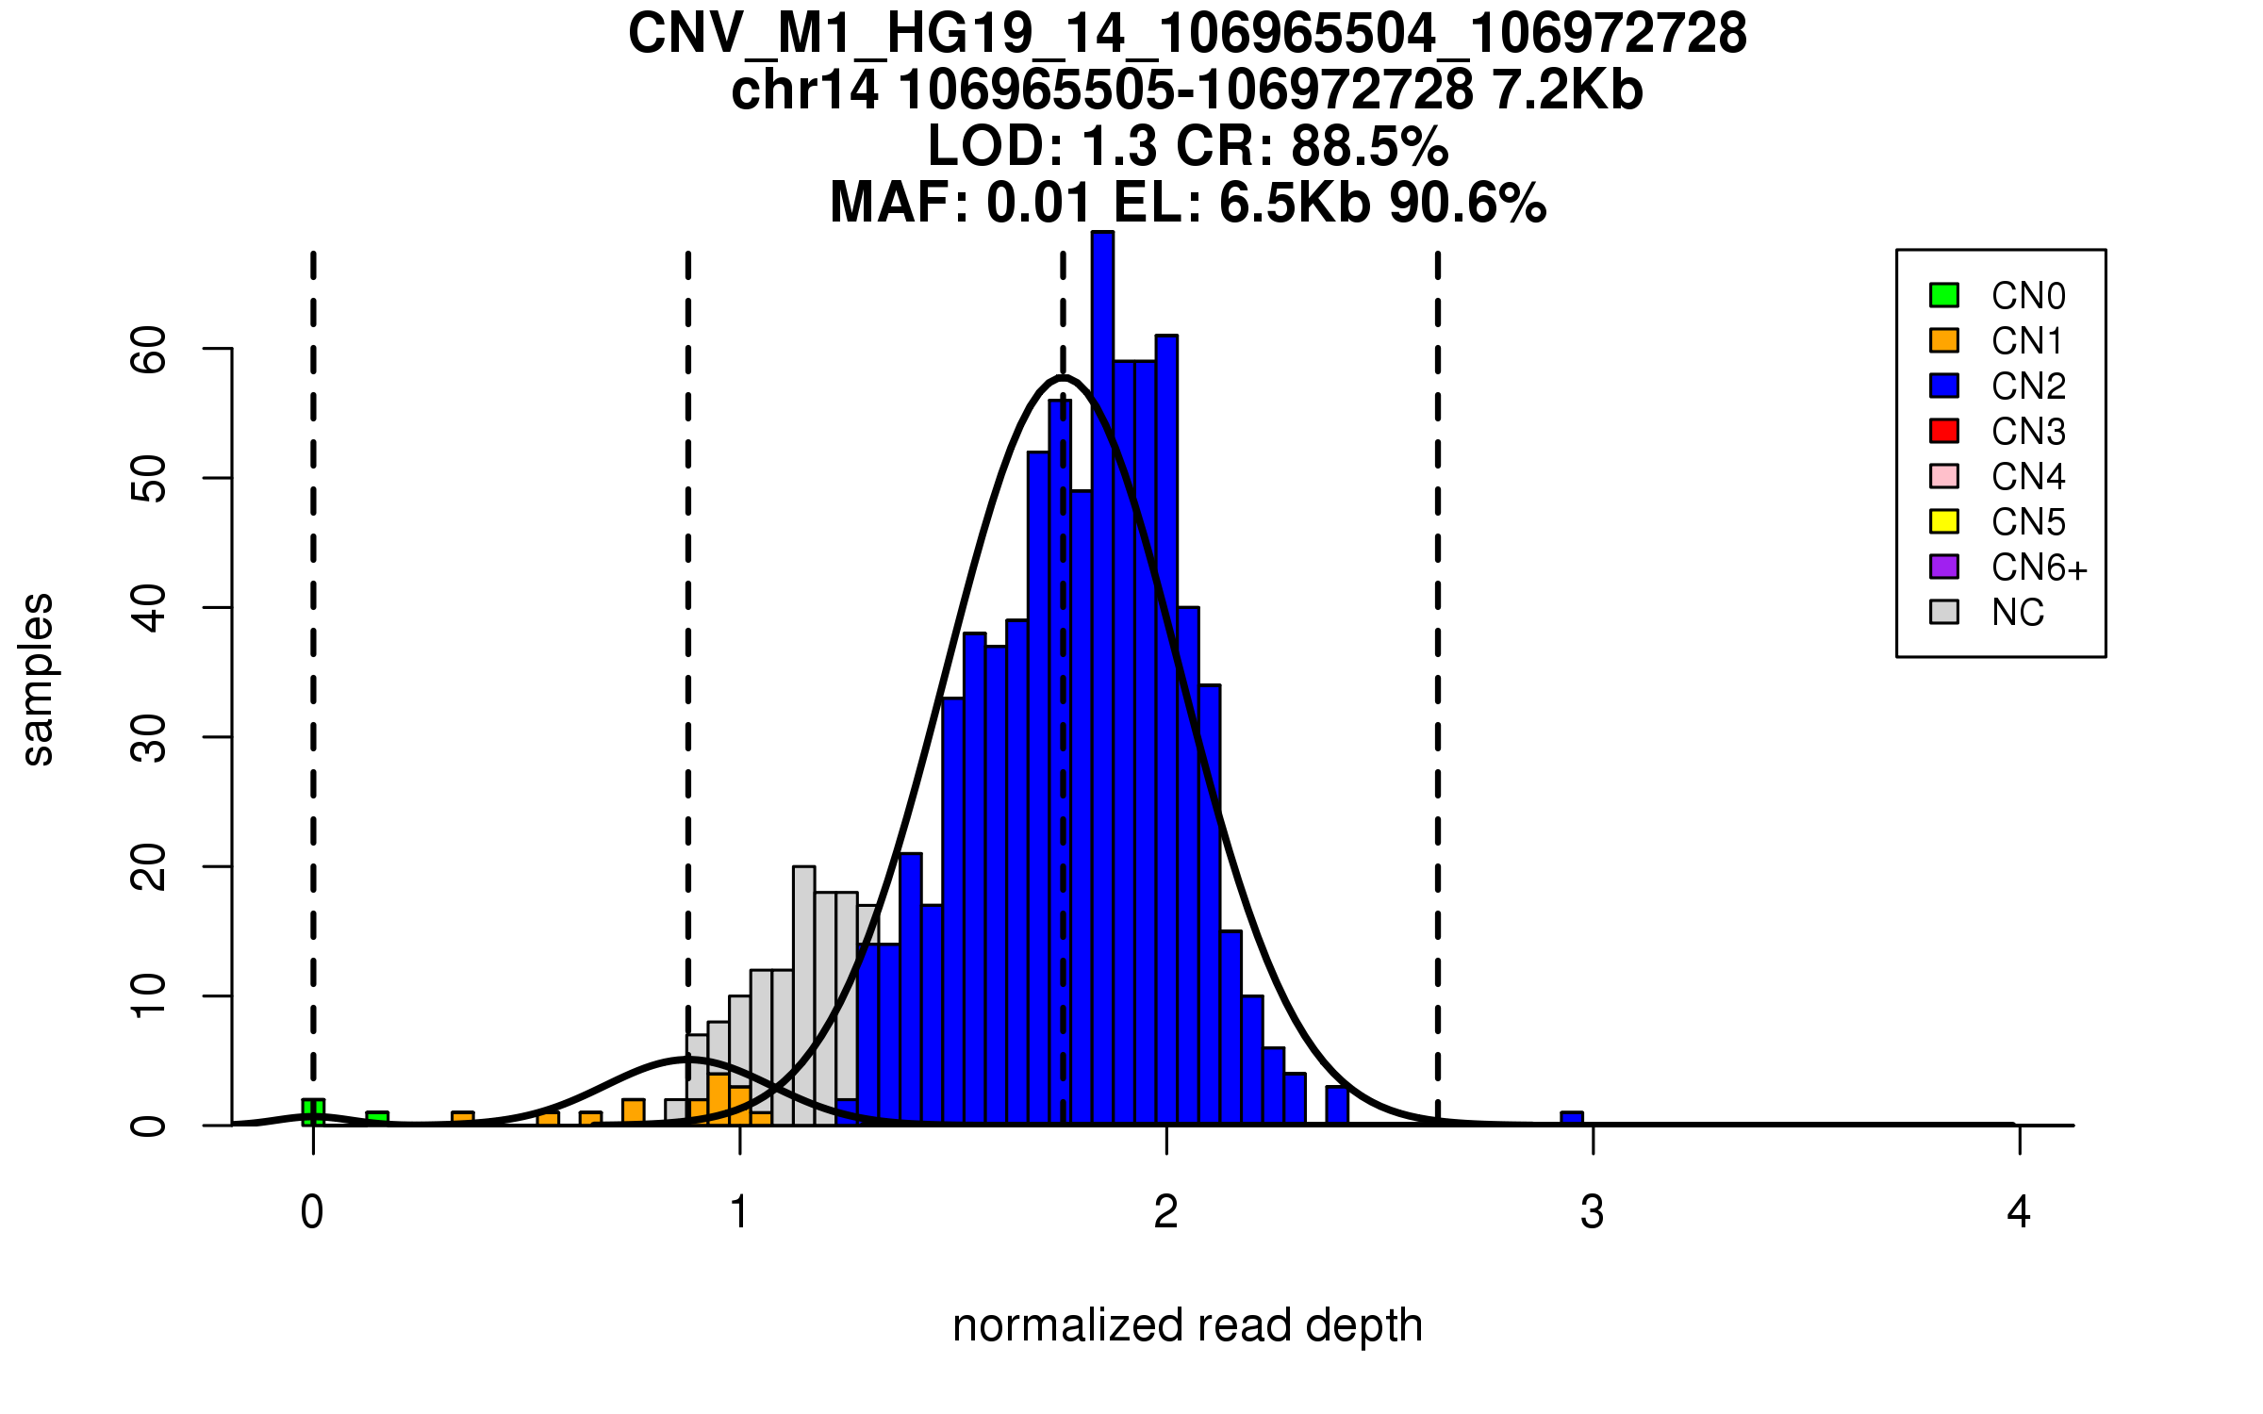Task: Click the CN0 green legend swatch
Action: (1944, 295)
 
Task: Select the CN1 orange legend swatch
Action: (1944, 340)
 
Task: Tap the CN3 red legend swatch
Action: (1944, 431)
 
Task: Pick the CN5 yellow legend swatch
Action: (1944, 521)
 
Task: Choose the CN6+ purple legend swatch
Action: (1944, 567)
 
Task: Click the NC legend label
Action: (2018, 613)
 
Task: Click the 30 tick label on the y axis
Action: (149, 737)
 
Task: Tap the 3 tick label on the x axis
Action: (1593, 1212)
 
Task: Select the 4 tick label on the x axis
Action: (2019, 1212)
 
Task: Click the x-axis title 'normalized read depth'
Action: (1187, 1325)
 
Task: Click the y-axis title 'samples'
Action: (38, 679)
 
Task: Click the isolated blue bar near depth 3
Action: (1572, 1119)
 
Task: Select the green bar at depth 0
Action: (313, 1112)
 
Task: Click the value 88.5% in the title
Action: (1369, 146)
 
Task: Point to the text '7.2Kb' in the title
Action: (1568, 90)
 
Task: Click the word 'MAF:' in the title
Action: (900, 203)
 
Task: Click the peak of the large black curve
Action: (1063, 377)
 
